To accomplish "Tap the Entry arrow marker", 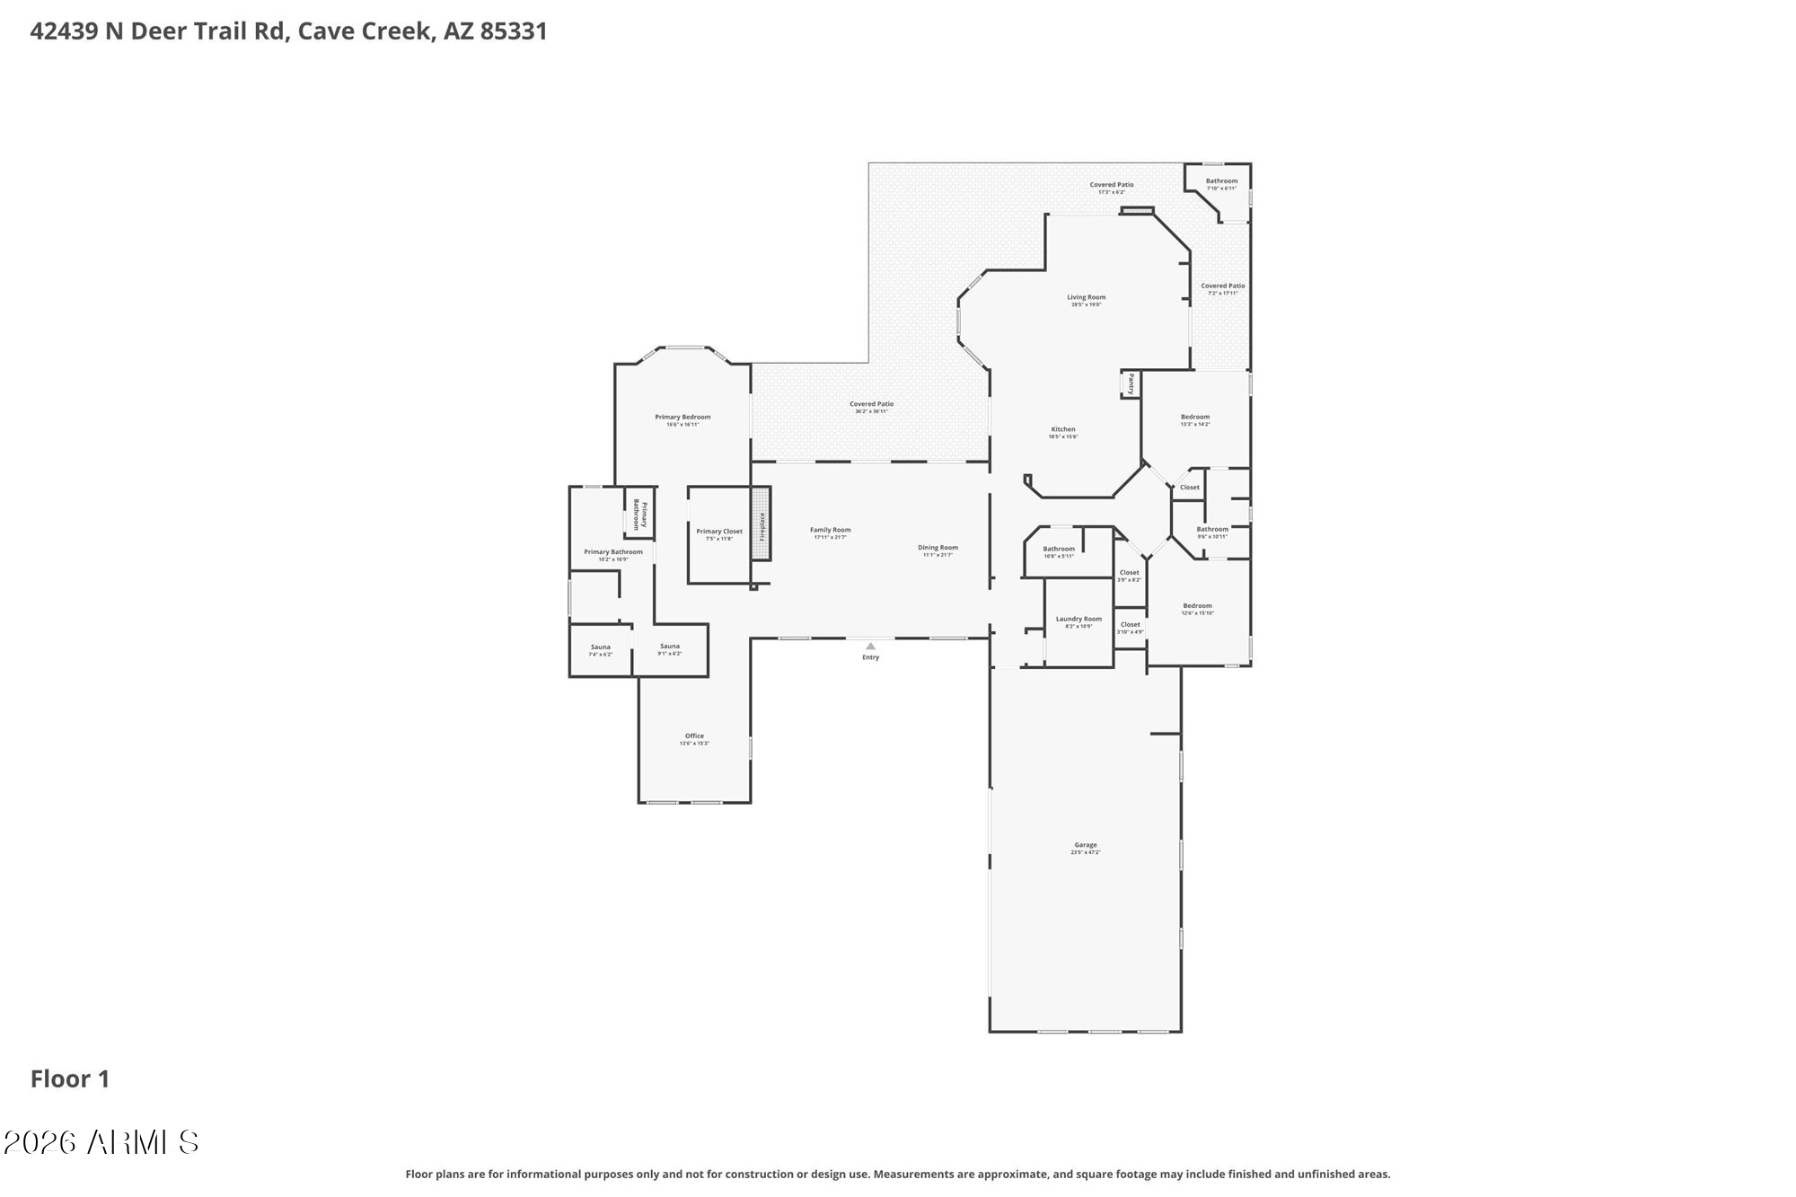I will coord(870,646).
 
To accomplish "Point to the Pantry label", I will coord(1131,384).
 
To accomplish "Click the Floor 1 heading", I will coord(70,1078).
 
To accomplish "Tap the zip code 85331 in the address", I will coord(514,31).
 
